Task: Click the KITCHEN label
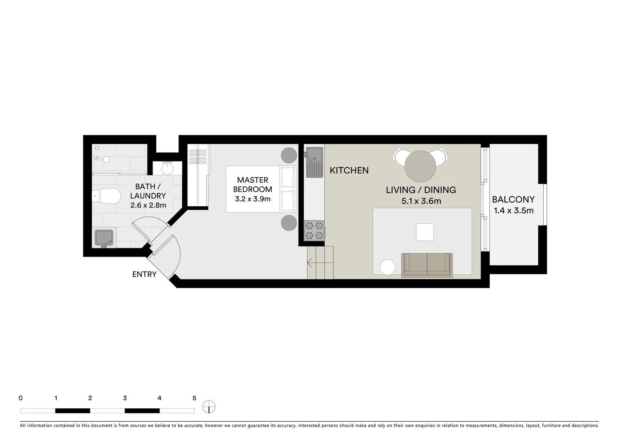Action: (x=349, y=170)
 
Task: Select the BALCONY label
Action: (x=513, y=199)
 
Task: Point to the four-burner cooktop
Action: (x=315, y=230)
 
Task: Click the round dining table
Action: (x=420, y=166)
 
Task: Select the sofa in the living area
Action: (x=427, y=265)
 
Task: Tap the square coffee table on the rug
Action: (x=425, y=232)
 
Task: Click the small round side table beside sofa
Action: (x=387, y=267)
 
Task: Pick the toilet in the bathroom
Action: (x=107, y=196)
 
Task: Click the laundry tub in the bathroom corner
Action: (x=104, y=238)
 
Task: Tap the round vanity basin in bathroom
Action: (x=167, y=168)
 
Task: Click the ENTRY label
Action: (x=144, y=274)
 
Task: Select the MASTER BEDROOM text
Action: (x=253, y=185)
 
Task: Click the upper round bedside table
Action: (x=289, y=155)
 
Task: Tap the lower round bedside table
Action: (x=289, y=223)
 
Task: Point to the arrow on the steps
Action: (x=310, y=264)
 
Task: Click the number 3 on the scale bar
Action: (x=125, y=398)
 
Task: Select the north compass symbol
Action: (x=209, y=407)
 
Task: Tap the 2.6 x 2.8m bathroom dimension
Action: (x=148, y=205)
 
